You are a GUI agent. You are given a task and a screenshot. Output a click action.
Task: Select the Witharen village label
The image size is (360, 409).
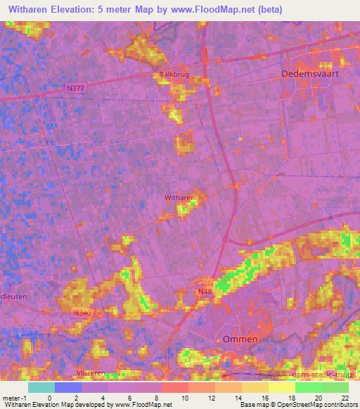click(179, 198)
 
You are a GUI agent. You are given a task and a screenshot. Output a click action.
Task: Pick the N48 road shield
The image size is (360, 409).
click(205, 290)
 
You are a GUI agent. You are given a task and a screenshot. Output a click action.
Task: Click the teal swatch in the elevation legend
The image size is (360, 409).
click(41, 387)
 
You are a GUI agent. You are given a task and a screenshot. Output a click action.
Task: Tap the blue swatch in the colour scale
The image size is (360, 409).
click(68, 387)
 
